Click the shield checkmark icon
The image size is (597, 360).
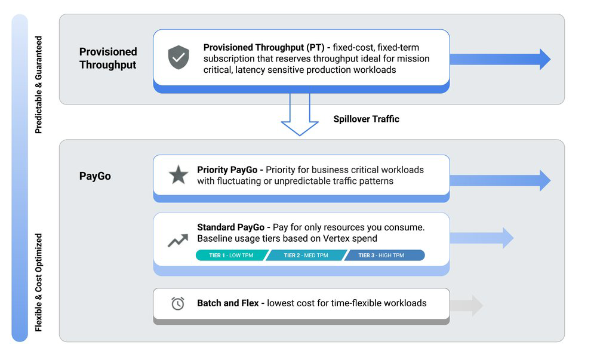click(x=178, y=57)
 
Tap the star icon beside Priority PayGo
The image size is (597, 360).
click(x=178, y=175)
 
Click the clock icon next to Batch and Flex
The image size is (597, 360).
click(x=178, y=303)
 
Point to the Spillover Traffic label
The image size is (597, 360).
click(x=366, y=119)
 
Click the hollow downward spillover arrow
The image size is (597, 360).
click(x=300, y=115)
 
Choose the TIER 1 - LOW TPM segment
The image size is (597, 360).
click(x=230, y=256)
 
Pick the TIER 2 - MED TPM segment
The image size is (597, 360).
click(x=306, y=256)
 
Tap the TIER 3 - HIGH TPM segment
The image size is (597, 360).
click(x=382, y=256)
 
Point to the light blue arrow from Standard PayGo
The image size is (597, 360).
click(x=481, y=238)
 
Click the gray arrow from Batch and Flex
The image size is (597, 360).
click(x=466, y=305)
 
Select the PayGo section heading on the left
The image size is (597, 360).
click(x=95, y=177)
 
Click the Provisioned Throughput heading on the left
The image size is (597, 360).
click(x=108, y=58)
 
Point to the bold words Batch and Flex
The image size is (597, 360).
click(x=227, y=303)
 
